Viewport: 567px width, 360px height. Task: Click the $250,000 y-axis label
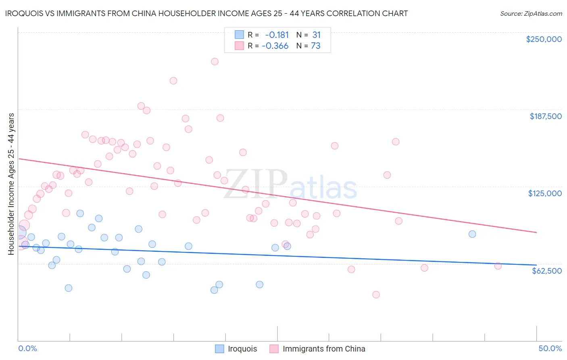(x=544, y=39)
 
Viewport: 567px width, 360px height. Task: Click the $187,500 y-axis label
(x=545, y=116)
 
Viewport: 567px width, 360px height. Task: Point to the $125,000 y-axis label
(x=545, y=193)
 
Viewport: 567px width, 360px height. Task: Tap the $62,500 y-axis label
(x=546, y=271)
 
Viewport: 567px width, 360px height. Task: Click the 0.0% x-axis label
(x=27, y=348)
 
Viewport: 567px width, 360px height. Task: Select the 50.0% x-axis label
(x=550, y=348)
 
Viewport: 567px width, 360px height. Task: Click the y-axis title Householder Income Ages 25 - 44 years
(x=11, y=184)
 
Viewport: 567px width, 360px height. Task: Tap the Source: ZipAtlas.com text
(x=531, y=13)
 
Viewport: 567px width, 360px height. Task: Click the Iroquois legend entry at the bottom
(x=242, y=349)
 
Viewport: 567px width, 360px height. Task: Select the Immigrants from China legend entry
(x=323, y=349)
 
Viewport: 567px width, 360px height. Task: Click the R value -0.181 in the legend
(x=277, y=35)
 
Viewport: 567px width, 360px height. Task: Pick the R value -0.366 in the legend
(x=275, y=46)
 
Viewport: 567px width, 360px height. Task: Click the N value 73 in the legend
(x=315, y=46)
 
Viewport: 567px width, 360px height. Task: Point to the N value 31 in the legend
(x=316, y=35)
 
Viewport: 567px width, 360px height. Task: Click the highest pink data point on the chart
(x=215, y=61)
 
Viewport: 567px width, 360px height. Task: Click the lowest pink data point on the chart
(x=376, y=295)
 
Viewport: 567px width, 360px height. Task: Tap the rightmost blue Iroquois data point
(x=472, y=234)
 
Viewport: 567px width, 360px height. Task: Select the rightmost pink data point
(x=498, y=266)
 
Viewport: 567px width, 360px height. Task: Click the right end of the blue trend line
(x=536, y=265)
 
